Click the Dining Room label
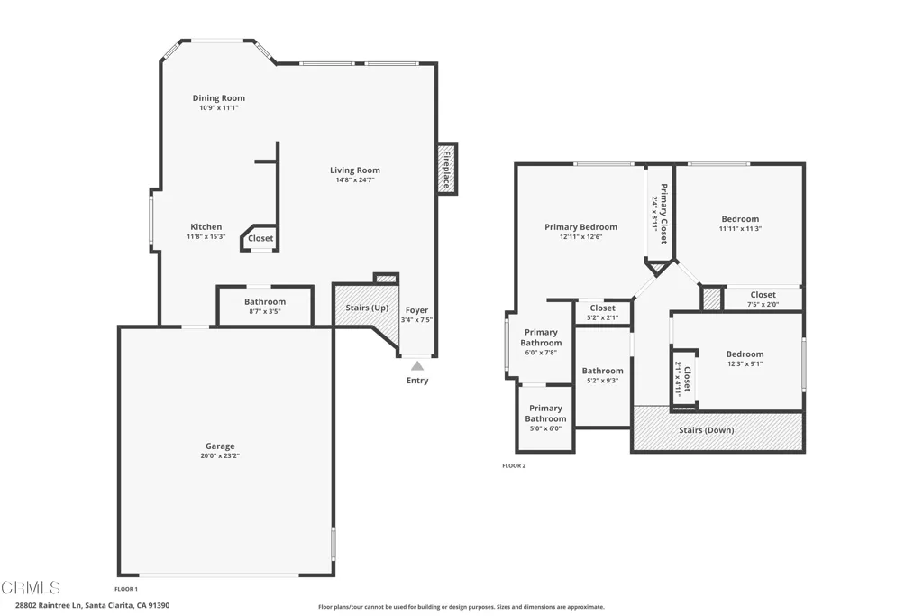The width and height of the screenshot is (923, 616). (218, 98)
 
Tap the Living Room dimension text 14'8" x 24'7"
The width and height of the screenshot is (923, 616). (354, 180)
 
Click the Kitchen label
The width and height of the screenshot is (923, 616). (206, 227)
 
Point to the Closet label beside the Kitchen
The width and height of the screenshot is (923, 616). (260, 239)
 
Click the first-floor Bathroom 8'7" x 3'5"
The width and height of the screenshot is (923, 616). (265, 306)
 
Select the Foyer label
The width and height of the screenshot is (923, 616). (416, 310)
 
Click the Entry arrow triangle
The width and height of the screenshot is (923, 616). (416, 365)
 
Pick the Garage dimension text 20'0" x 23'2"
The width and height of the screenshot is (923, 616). (220, 456)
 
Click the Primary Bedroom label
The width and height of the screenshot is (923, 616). (580, 227)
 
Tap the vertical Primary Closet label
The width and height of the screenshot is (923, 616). (663, 214)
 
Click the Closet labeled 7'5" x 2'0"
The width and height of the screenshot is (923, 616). (763, 299)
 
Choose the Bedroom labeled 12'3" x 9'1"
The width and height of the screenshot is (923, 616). (745, 359)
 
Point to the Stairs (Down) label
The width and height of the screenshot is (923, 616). (706, 430)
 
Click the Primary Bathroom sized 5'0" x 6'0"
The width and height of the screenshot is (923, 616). (545, 418)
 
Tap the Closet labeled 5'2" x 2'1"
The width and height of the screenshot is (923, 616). (602, 312)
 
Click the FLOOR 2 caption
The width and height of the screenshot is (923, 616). (514, 466)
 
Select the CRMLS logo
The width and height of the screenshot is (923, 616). (32, 588)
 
